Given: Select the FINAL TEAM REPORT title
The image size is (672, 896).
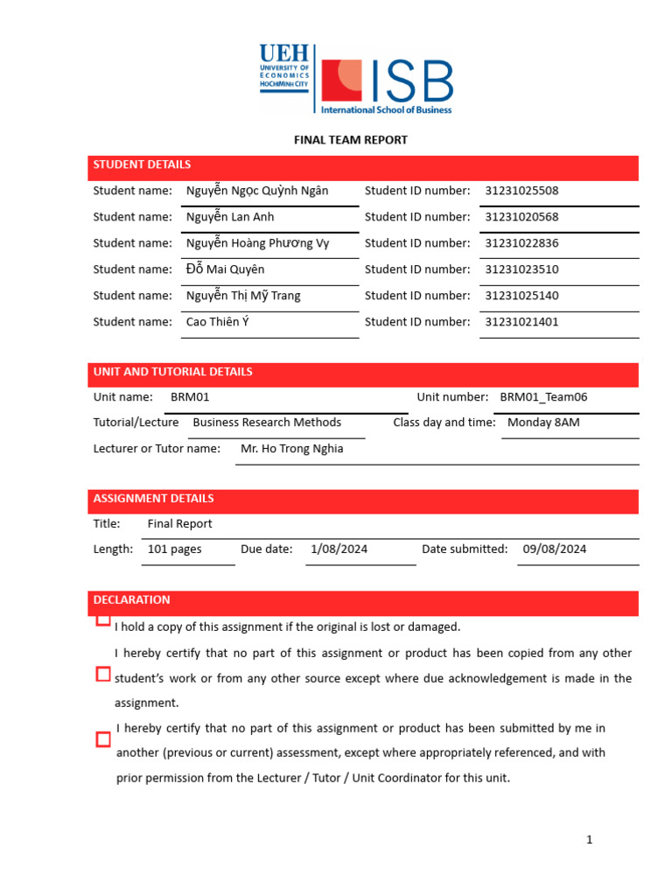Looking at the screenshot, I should (350, 140).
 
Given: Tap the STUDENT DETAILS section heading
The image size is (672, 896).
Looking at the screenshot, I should (142, 164).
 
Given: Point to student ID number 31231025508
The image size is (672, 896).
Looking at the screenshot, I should (521, 191).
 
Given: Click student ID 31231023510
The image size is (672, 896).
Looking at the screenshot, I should (521, 269).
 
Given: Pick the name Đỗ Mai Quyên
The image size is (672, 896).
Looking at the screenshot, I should (225, 269).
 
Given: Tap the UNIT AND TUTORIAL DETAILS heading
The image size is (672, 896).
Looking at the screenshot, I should (172, 372).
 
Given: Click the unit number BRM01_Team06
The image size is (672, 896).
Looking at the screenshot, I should (543, 397).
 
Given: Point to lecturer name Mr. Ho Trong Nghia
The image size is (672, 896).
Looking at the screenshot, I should (291, 449).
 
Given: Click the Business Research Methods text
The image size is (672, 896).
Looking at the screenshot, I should (267, 423).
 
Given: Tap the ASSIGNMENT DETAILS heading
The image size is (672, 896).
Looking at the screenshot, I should (153, 499).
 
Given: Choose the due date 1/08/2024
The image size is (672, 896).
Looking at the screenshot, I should (339, 549).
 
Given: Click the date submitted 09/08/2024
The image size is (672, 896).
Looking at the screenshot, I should (555, 549).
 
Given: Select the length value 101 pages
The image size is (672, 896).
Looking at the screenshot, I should (174, 549).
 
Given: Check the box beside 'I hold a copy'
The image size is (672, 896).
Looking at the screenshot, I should (103, 620).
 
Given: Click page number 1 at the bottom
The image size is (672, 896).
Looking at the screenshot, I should (590, 840).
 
